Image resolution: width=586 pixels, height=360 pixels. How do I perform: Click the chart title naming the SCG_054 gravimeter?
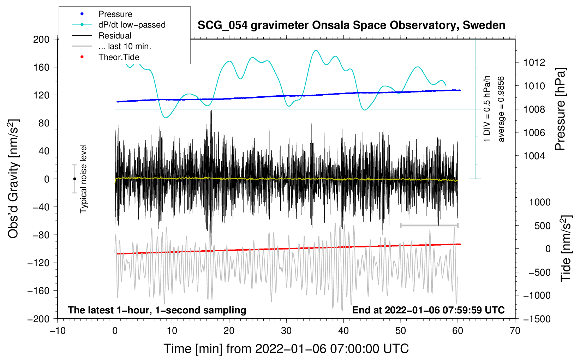(351, 25)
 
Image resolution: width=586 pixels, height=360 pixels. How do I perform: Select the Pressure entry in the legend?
(115, 14)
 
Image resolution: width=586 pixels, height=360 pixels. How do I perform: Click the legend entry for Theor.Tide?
(119, 57)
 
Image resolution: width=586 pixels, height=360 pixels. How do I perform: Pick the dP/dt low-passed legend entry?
(132, 25)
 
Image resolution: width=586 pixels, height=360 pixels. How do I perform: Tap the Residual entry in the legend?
(115, 36)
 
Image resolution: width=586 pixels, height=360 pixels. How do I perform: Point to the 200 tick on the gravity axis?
(41, 39)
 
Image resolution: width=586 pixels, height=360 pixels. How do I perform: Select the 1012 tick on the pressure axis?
(534, 62)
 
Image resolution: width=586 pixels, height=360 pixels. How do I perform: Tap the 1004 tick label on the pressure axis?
(534, 156)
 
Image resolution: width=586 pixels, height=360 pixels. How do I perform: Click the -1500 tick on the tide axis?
(537, 319)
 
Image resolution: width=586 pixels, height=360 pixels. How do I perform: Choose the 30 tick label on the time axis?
(286, 331)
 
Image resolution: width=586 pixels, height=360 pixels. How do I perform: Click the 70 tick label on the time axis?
(515, 331)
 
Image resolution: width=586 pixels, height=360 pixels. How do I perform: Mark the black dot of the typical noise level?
(74, 179)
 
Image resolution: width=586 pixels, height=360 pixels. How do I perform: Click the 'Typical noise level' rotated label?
(83, 179)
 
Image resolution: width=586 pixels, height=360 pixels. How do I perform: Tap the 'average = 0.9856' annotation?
(501, 109)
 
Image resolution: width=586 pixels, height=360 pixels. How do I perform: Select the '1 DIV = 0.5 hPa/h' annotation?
(487, 109)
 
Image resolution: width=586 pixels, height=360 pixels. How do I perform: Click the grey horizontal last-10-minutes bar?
(429, 225)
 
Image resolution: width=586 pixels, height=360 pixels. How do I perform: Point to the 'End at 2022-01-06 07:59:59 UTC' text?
(428, 310)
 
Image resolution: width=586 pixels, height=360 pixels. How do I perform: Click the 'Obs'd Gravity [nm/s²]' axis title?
(13, 179)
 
